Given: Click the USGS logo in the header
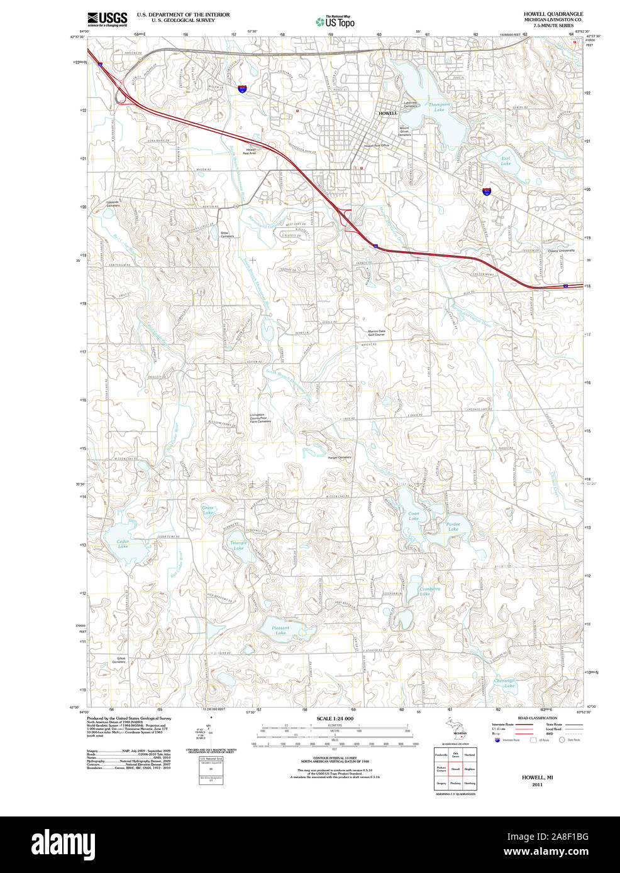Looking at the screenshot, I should (108, 19).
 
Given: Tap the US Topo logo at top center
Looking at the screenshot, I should (335, 21).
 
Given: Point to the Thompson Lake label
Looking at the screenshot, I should (439, 107).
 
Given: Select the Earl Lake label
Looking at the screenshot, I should (506, 161).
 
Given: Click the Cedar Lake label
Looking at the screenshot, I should (123, 544).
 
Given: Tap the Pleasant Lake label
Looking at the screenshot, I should (280, 630).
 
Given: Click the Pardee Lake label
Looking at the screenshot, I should (453, 526).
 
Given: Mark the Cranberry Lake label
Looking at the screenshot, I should (429, 591).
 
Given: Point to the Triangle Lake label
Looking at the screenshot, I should (238, 545).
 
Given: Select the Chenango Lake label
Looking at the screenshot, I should (504, 683).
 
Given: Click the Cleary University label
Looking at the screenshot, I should (561, 251).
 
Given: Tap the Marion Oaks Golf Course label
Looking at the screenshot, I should (377, 333).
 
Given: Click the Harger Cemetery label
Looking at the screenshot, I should (340, 457).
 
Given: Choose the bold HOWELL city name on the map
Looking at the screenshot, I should (388, 113).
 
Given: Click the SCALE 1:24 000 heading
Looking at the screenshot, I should (335, 718).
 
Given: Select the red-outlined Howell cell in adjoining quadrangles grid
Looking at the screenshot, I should (455, 769).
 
